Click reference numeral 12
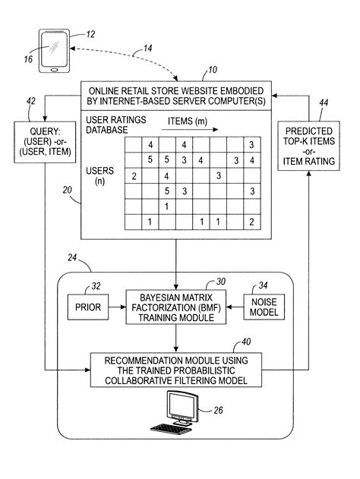tap(90, 34)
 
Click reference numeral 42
tap(30, 100)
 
